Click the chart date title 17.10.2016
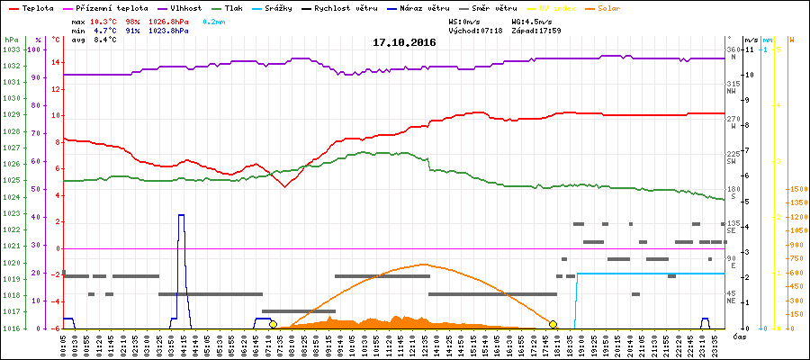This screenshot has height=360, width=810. click(404, 42)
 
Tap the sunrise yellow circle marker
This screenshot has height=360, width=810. click(273, 324)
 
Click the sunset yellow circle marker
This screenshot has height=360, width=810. click(553, 324)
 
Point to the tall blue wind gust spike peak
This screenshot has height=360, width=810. click(181, 216)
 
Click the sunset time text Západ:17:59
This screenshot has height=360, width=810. click(536, 31)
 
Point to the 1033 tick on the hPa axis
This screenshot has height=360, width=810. click(11, 49)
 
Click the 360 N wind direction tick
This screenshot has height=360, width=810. click(734, 49)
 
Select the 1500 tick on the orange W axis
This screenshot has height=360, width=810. click(796, 190)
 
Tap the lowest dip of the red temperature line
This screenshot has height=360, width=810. click(284, 186)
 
